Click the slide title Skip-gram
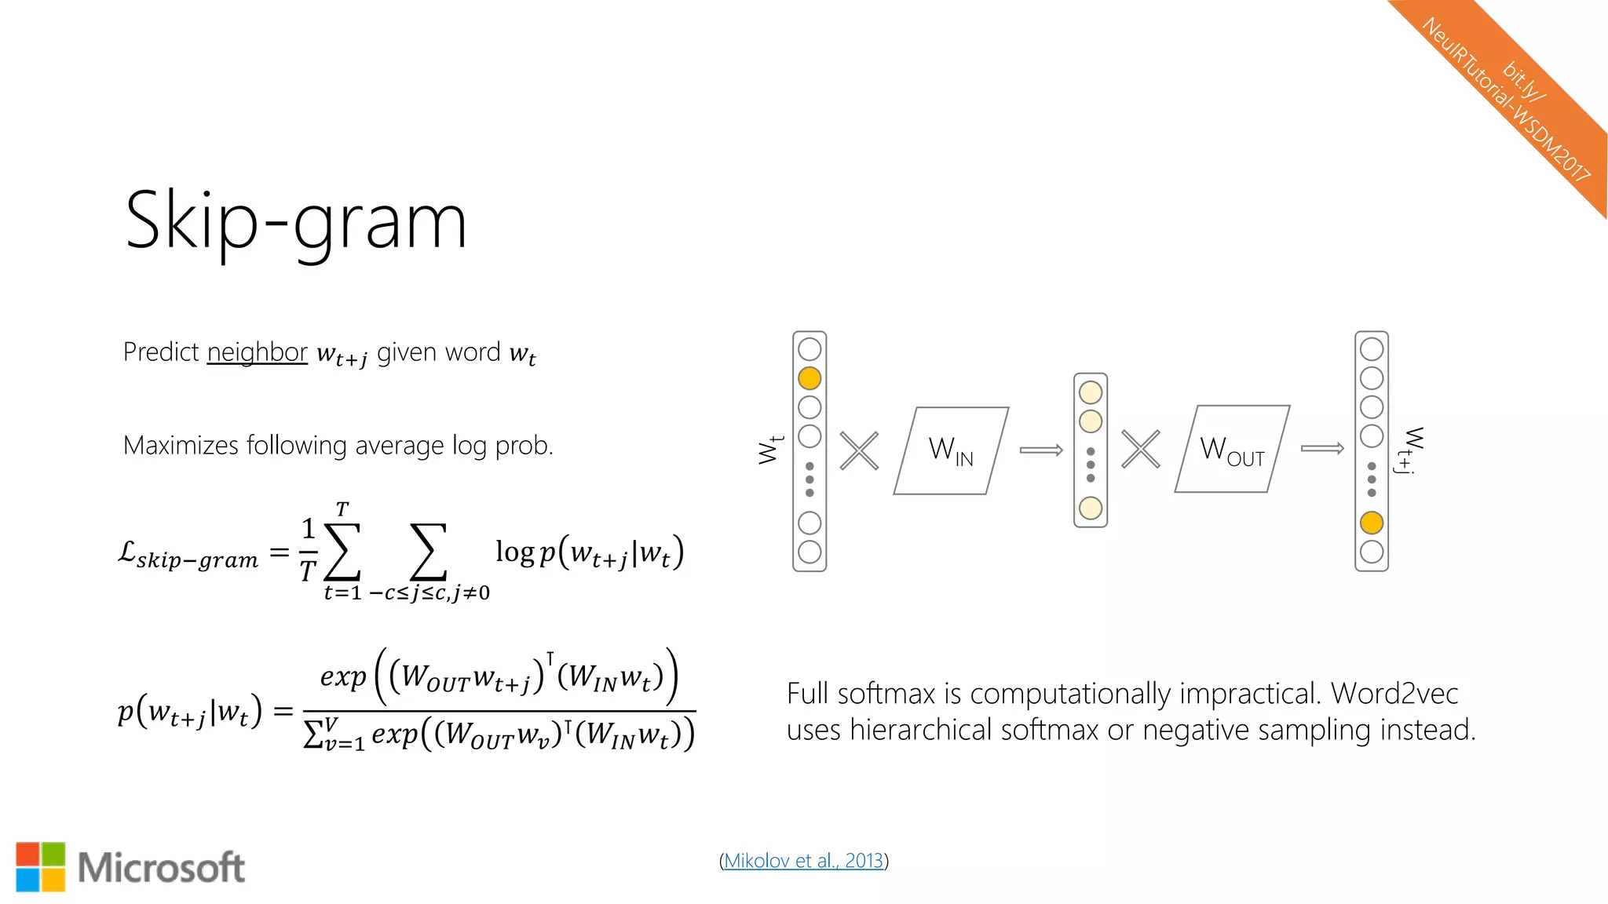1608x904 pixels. point(296,221)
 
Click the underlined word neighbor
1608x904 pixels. point(257,352)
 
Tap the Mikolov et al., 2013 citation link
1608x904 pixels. point(803,861)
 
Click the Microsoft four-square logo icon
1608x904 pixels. point(41,867)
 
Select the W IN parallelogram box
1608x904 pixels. point(951,450)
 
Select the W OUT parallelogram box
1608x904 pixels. point(1232,450)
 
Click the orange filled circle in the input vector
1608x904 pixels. point(809,378)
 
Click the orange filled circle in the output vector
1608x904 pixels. point(1372,523)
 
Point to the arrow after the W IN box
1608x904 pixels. point(1041,450)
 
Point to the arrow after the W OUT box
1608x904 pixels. point(1322,449)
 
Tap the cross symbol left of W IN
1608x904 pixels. point(859,450)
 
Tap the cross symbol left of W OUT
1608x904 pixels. point(1140,450)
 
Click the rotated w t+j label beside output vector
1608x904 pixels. point(1409,450)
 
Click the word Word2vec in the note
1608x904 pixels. point(1394,694)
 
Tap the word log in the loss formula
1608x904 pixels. point(514,552)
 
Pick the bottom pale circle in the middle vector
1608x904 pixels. point(1091,508)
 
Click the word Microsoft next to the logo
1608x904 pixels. point(162,868)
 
